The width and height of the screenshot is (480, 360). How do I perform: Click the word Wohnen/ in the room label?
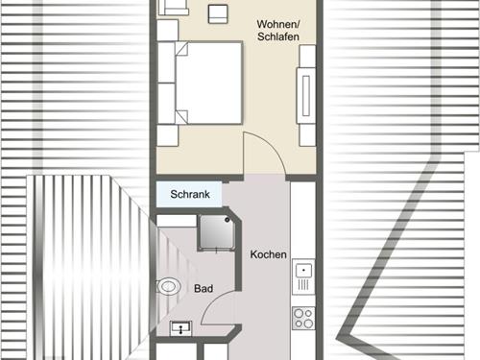click(278, 24)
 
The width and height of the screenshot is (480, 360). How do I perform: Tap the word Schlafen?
click(278, 36)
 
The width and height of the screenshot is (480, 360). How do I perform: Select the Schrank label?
click(190, 194)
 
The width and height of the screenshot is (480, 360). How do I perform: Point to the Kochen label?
click(268, 254)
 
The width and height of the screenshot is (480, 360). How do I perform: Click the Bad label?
click(204, 289)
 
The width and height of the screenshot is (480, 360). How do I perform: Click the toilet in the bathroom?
click(168, 286)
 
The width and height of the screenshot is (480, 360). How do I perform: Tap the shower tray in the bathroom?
click(217, 231)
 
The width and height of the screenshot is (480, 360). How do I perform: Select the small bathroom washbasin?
click(180, 328)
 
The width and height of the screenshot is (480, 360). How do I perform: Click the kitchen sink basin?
click(303, 271)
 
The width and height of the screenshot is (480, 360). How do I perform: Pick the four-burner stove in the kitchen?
click(303, 318)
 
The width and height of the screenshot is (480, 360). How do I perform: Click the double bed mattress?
click(208, 83)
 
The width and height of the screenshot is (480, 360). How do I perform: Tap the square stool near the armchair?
click(218, 14)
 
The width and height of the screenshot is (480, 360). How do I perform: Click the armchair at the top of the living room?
click(173, 7)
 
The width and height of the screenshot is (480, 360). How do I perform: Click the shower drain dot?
click(228, 220)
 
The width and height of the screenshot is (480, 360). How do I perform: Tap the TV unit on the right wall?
click(306, 95)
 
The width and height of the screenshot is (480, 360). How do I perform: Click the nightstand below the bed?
click(167, 135)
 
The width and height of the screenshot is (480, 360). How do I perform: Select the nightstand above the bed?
click(167, 31)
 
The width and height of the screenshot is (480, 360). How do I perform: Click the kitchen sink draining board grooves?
click(303, 284)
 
